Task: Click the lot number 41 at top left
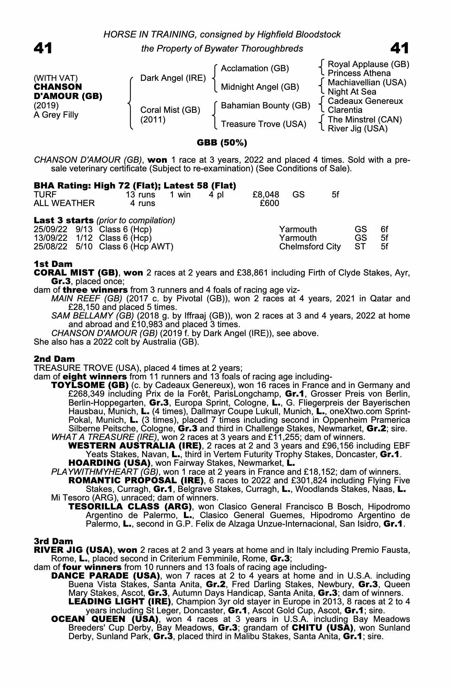click(43, 48)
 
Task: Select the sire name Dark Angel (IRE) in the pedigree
click(173, 78)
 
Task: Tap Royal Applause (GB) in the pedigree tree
click(368, 64)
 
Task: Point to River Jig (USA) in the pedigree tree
click(357, 129)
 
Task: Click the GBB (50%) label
click(222, 142)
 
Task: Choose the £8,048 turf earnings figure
click(266, 195)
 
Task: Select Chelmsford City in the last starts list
click(310, 247)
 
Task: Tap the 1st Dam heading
click(53, 264)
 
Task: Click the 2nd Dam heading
click(54, 359)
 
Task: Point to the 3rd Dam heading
click(53, 541)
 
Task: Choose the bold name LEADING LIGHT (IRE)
click(120, 602)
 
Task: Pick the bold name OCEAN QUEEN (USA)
click(105, 619)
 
